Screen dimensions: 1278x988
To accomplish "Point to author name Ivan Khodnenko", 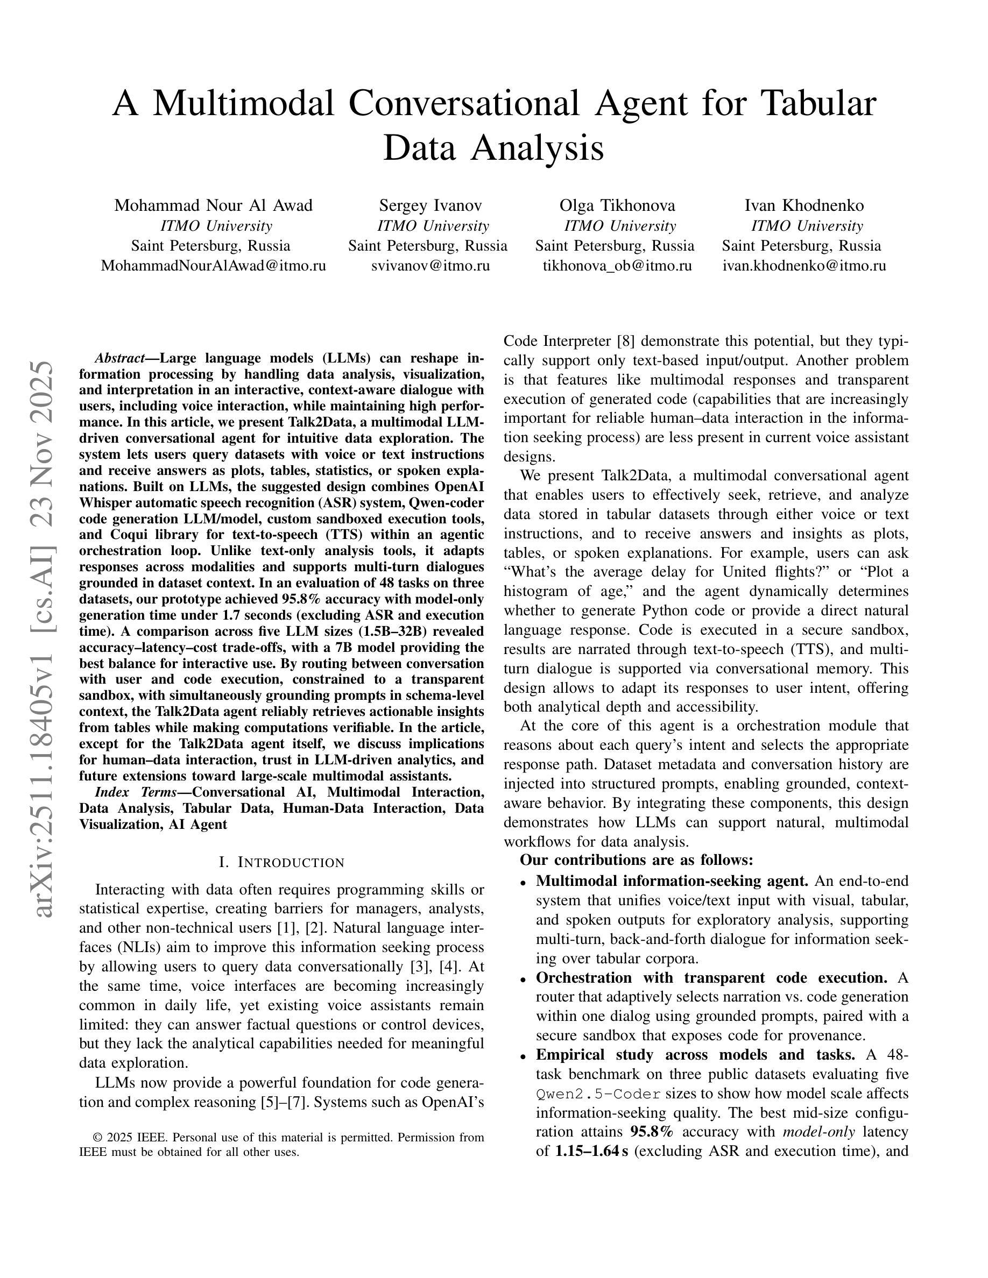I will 803,205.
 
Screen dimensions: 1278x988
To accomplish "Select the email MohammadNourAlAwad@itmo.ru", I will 213,266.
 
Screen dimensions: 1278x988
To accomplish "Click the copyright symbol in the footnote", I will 98,1138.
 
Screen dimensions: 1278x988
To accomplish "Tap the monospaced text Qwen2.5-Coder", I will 598,1094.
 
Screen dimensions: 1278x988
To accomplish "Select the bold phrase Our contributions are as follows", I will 636,860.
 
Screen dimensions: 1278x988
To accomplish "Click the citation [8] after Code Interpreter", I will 627,341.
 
